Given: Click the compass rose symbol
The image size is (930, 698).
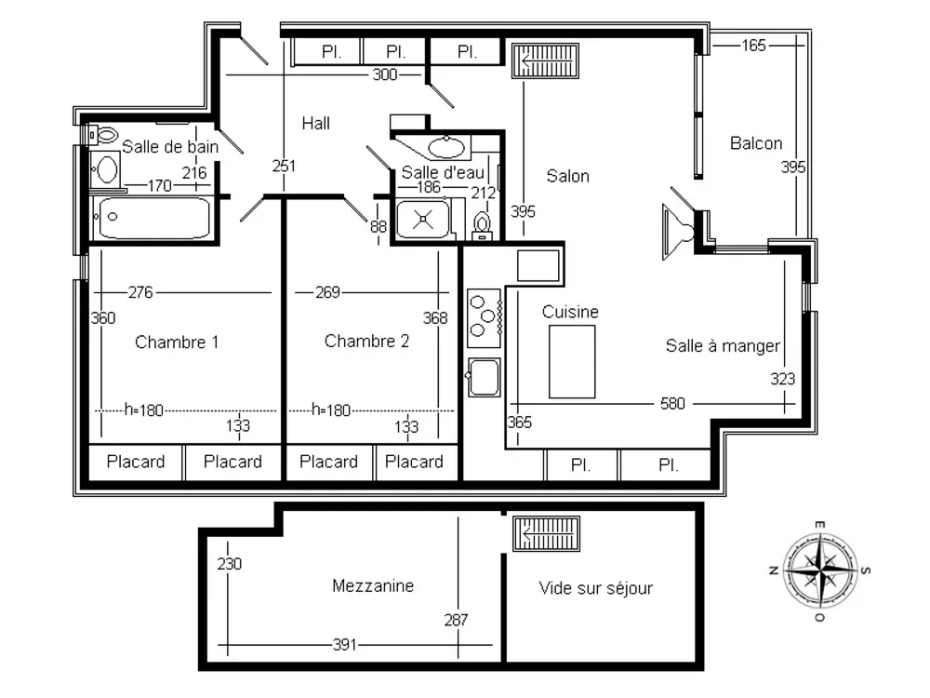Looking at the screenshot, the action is tap(819, 571).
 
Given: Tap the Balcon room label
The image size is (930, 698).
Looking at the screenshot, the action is tap(755, 143).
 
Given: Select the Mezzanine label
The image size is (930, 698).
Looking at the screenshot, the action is tap(373, 585).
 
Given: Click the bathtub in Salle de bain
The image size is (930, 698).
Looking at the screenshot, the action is tap(154, 218).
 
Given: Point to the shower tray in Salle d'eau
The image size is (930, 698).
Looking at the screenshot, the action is tap(423, 219).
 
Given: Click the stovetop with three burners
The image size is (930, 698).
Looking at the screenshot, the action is tap(485, 317).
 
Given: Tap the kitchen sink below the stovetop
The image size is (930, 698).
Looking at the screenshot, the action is tap(484, 377).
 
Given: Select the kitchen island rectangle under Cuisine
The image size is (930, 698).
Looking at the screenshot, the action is tap(572, 361).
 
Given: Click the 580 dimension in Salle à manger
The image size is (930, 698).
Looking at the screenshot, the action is tap(672, 404).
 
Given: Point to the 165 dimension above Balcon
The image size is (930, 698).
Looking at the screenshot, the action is tap(753, 45).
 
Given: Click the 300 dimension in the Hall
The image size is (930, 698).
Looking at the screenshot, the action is tap(384, 74).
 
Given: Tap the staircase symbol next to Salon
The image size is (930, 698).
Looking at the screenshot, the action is tap(545, 60).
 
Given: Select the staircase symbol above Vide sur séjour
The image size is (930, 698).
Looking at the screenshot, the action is tap(546, 533).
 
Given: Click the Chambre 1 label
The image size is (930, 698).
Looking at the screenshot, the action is tap(177, 342).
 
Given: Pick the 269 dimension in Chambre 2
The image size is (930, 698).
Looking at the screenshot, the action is tap(327, 292).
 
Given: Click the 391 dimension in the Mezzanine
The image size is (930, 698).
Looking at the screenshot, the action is tap(345, 645).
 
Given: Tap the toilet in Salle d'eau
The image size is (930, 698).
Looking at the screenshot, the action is tap(482, 226).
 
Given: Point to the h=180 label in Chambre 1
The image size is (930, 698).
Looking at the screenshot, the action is tap(143, 410).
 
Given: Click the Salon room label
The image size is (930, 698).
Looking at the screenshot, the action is tap(567, 176).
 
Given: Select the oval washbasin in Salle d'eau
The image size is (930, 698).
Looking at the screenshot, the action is tap(446, 147).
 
